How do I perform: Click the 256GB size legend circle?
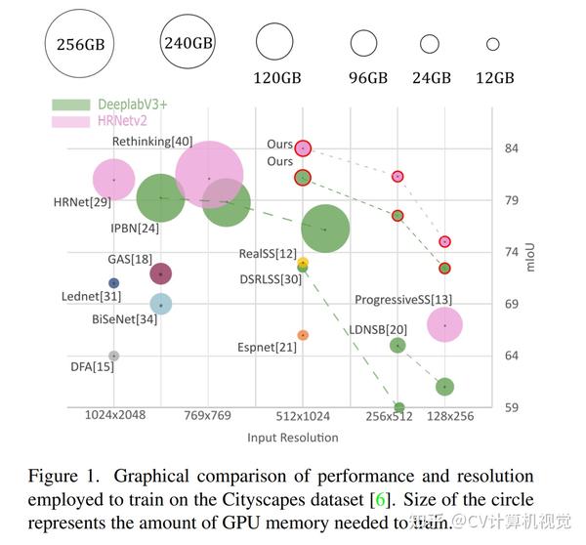pos(82,43)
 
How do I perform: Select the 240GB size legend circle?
pos(188,43)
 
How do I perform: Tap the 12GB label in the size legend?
pos(494,78)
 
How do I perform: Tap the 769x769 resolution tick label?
pos(208,415)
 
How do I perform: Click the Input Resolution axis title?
pos(293,437)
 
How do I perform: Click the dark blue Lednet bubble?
pos(113,283)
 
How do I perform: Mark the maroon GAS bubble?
pos(161,274)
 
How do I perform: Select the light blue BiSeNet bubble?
pos(161,305)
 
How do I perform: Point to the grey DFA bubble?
pos(113,356)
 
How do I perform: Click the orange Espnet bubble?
pos(303,335)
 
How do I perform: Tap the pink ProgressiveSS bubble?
pos(444,325)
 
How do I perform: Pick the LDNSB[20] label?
pos(379,329)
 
